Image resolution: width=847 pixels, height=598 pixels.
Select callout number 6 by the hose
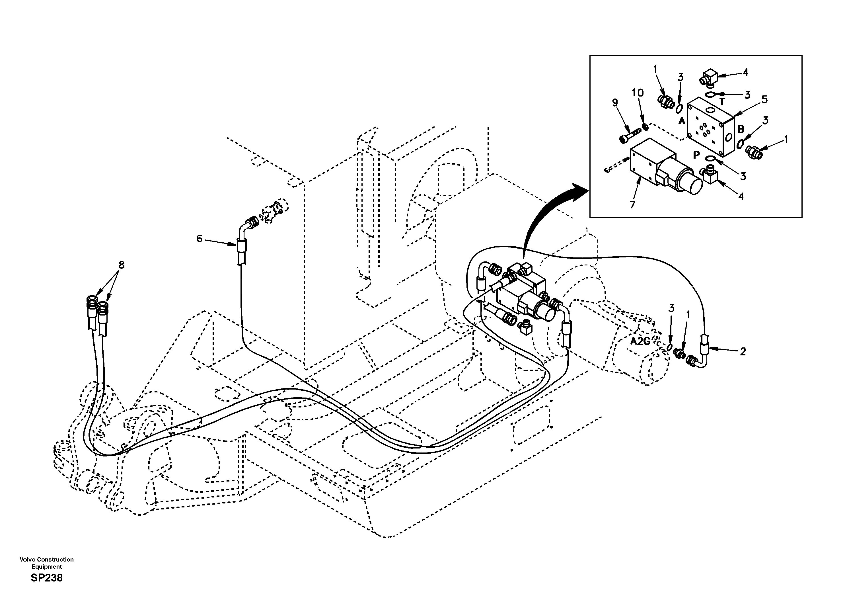[x=199, y=239]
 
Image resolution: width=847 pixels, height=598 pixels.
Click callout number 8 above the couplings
[x=121, y=264]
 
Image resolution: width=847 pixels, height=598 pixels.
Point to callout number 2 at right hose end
[x=743, y=351]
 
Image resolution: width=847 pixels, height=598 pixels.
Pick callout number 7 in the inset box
[x=633, y=204]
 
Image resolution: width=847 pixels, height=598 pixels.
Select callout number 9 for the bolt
[x=615, y=103]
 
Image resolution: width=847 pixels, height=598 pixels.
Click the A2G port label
[x=640, y=341]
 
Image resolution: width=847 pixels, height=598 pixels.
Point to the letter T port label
[x=722, y=101]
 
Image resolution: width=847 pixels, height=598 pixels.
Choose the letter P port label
[x=696, y=155]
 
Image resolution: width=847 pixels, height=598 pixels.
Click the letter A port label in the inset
[x=681, y=120]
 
